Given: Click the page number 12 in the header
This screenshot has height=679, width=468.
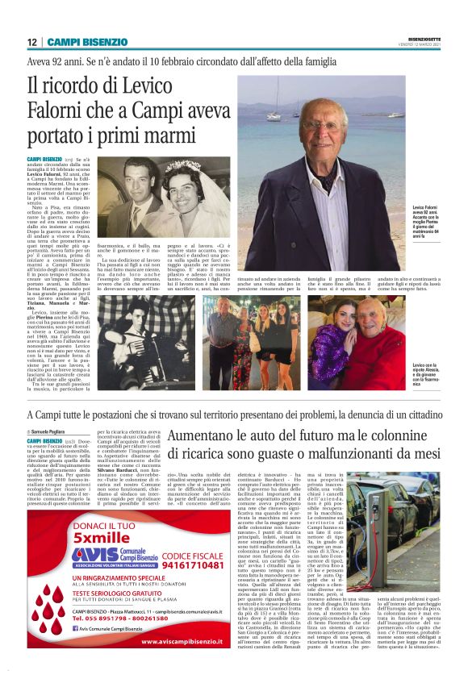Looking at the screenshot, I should (x=31, y=41).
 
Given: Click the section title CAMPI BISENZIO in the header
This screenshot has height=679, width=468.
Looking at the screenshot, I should (x=87, y=41).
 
